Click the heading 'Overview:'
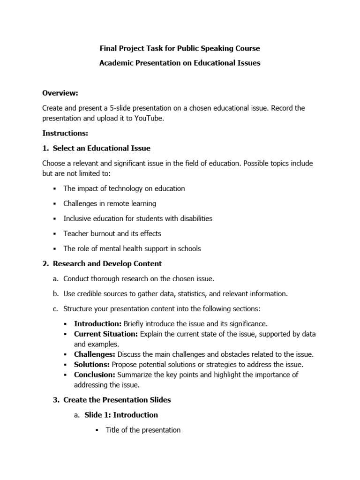coord(60,93)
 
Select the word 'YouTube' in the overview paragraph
coord(149,118)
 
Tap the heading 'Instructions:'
coord(65,133)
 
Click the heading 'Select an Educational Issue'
coord(101,148)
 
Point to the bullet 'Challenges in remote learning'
coord(110,203)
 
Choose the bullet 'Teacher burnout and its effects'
coord(112,233)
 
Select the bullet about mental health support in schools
coord(132,248)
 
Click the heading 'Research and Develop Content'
coord(107,263)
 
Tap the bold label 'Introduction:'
coord(97,324)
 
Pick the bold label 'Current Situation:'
coord(106,334)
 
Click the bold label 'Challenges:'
coord(95,354)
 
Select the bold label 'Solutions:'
coord(92,364)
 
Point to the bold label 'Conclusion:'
coord(94,375)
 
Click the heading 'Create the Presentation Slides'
coord(117,400)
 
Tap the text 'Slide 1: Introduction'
coord(121,415)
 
